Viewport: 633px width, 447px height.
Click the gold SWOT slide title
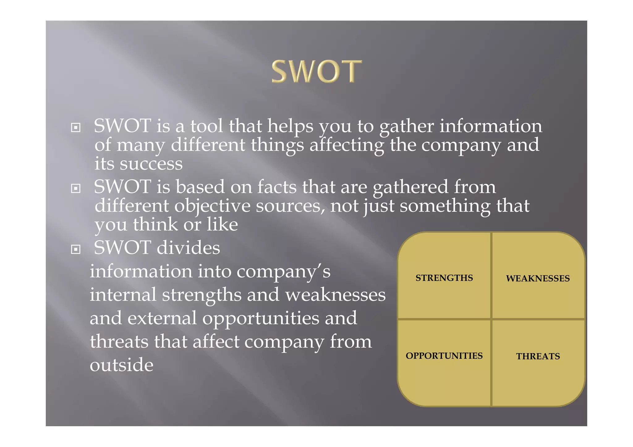click(x=316, y=72)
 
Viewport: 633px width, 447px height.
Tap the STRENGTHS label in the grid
click(x=444, y=278)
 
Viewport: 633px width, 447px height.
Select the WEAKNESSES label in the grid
click(x=538, y=278)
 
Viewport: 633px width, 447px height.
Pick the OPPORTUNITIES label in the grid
click(x=444, y=356)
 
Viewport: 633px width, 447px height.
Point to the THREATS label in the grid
click(x=538, y=356)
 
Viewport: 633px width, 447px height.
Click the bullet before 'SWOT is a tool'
click(x=76, y=127)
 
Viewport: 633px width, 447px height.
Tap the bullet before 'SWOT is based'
click(x=76, y=188)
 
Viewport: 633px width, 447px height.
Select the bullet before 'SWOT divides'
click(x=76, y=249)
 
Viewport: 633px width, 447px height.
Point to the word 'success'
click(x=151, y=164)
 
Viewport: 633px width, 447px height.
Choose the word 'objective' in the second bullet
click(x=212, y=206)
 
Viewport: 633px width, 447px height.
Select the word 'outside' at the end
click(x=121, y=365)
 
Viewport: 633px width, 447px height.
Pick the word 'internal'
click(x=123, y=295)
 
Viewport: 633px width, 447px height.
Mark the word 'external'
click(x=162, y=318)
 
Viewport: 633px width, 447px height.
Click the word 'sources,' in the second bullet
click(x=290, y=206)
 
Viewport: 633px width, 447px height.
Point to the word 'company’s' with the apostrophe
click(x=283, y=272)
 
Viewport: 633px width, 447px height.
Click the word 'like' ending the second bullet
click(x=222, y=224)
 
